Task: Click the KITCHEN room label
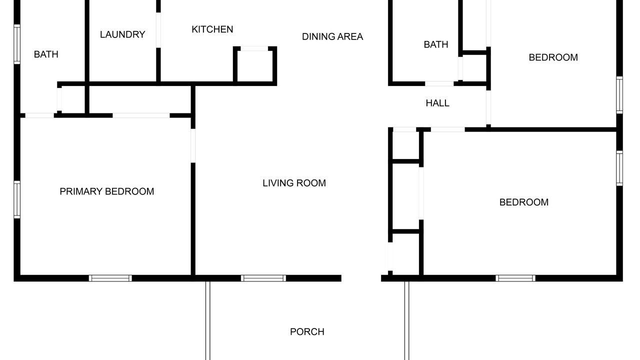tap(212, 29)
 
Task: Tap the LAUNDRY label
tap(122, 34)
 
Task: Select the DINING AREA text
tap(332, 36)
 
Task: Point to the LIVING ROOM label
tap(294, 183)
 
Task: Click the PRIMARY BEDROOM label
tap(107, 191)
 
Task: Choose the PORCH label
tap(307, 331)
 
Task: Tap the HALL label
tap(437, 103)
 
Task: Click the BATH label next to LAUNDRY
tap(46, 54)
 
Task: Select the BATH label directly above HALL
tap(436, 44)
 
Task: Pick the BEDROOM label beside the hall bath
tap(553, 57)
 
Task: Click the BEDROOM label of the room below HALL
tap(524, 202)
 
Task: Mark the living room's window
tap(263, 278)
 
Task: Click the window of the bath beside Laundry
tap(17, 44)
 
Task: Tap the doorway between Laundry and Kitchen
tap(158, 30)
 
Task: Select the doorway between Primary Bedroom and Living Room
tap(193, 145)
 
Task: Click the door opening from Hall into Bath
tap(439, 83)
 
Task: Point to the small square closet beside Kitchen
tap(254, 65)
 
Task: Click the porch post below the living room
tap(207, 320)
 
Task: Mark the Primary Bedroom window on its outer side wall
tap(17, 199)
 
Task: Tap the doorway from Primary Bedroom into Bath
tap(39, 115)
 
